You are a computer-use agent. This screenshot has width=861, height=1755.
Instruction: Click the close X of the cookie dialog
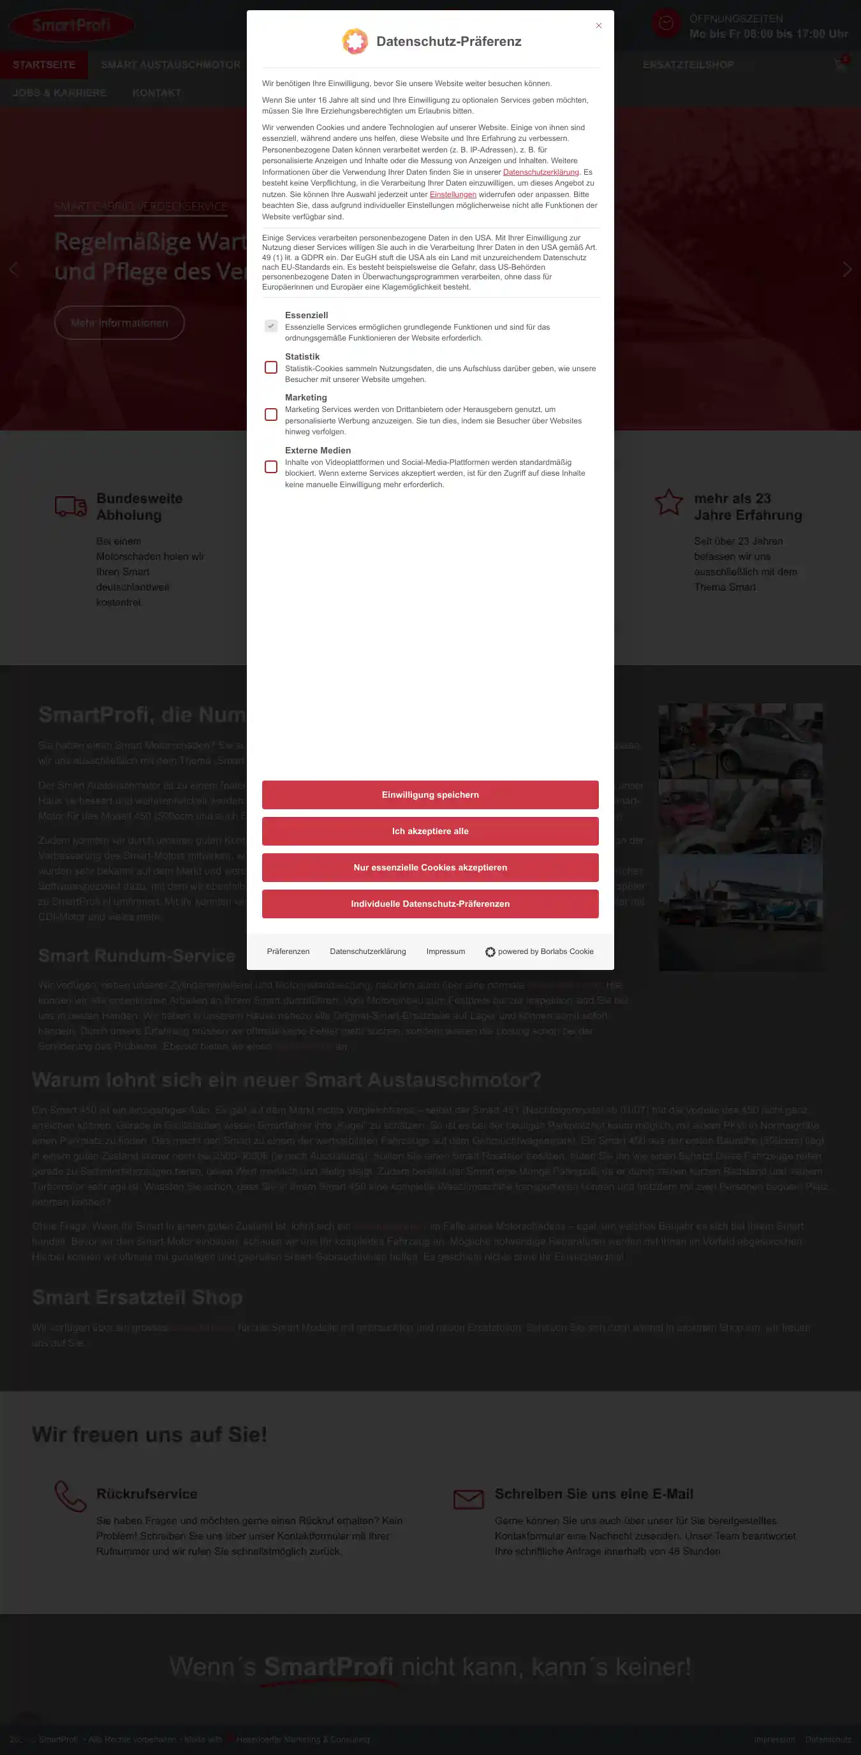click(x=599, y=26)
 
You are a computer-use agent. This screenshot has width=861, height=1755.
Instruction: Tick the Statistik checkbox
click(x=271, y=368)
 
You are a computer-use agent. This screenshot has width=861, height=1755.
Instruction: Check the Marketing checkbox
click(x=271, y=415)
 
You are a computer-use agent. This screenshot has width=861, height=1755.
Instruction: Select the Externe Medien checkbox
click(x=271, y=467)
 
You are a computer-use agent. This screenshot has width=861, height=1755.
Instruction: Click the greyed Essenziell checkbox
click(x=271, y=327)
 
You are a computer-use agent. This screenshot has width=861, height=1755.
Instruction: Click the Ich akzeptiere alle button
click(x=430, y=831)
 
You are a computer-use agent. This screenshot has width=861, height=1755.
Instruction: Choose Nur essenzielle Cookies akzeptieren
click(x=430, y=867)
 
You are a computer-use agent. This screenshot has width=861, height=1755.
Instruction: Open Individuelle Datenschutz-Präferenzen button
click(x=430, y=904)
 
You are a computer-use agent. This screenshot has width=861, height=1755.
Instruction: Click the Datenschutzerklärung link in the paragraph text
click(x=541, y=172)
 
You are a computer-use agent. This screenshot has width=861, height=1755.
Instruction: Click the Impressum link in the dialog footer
click(x=445, y=951)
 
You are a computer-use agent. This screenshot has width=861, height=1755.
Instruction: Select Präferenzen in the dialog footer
click(x=288, y=951)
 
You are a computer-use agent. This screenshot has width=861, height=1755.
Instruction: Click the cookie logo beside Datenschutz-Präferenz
click(x=355, y=41)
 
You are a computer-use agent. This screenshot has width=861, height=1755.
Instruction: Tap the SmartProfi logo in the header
click(x=71, y=26)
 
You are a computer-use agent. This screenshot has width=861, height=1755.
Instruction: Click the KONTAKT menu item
click(x=157, y=93)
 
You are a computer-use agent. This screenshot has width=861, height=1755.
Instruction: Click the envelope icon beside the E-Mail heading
click(x=469, y=1499)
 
